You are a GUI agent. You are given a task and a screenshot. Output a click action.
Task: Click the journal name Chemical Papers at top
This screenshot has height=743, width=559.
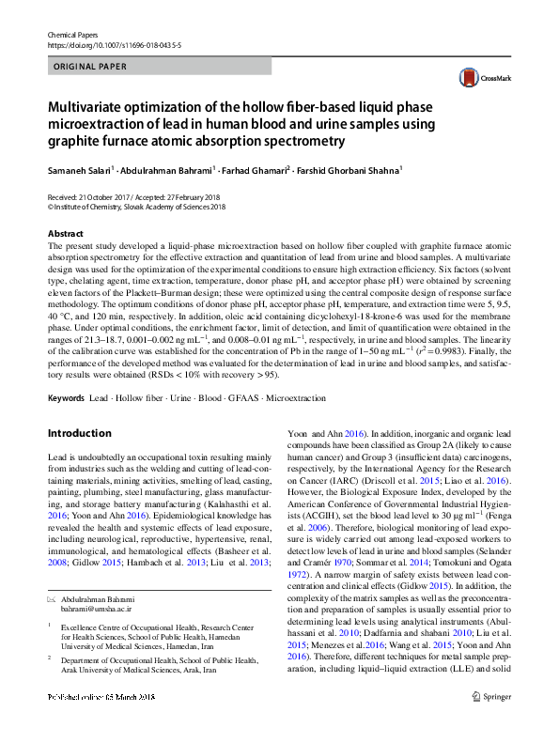coord(71,33)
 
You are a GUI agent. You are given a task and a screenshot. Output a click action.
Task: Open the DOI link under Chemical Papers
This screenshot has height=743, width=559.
coord(99,43)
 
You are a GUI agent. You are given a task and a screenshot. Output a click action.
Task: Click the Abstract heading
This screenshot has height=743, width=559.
coord(66,233)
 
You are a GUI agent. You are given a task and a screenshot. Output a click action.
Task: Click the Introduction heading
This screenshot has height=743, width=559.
coord(79,433)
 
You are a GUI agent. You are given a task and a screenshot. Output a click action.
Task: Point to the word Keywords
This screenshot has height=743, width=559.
coord(66,398)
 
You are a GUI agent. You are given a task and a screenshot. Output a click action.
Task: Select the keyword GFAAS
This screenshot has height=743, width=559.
coord(242,398)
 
